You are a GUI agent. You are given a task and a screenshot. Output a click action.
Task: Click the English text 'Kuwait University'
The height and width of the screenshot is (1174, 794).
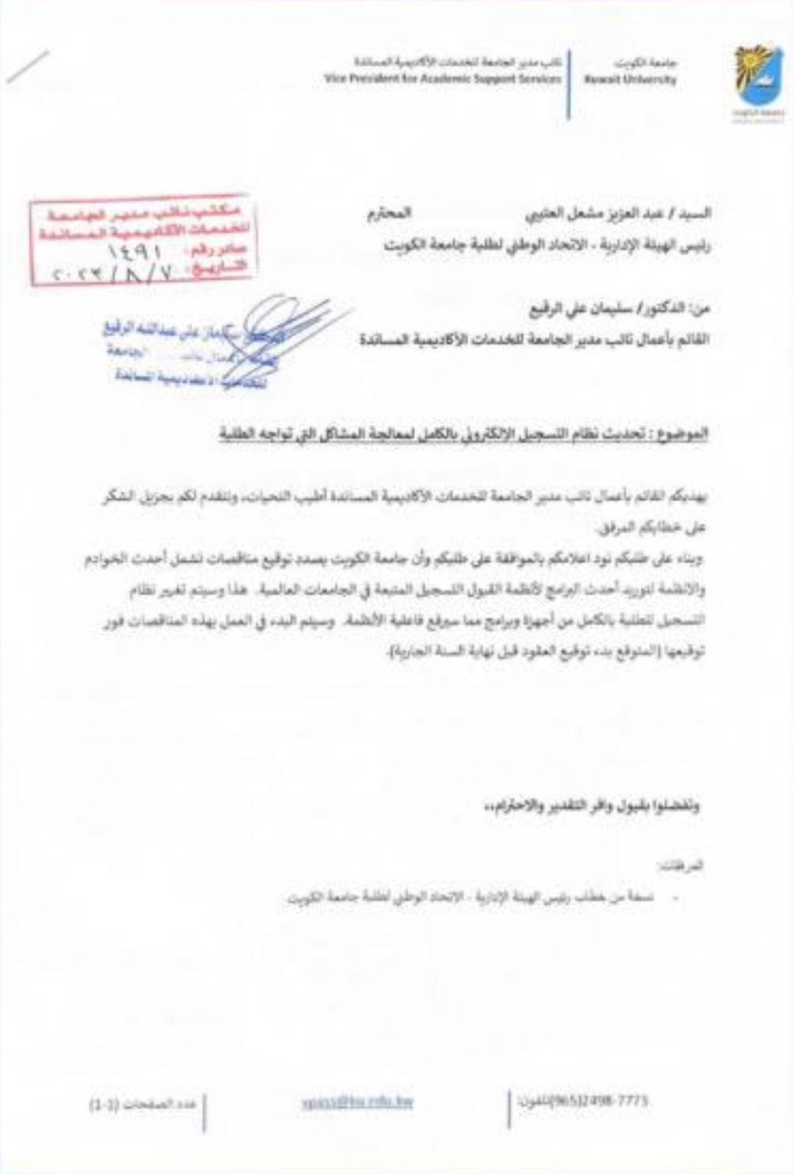point(630,79)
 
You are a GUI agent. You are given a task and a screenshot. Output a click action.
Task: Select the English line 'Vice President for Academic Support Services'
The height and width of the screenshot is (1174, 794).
point(442,79)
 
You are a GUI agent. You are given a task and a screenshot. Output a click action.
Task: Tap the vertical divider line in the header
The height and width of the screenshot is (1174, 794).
point(569,87)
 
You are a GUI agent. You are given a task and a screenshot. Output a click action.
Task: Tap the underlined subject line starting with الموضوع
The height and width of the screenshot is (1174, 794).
point(464,435)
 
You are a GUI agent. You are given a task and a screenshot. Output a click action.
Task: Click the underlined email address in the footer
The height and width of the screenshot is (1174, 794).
point(357,1102)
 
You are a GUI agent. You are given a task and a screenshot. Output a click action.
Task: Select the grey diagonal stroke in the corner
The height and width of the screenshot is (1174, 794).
point(29,67)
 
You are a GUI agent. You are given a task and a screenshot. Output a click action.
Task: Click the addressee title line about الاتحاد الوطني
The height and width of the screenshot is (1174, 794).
point(548,246)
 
